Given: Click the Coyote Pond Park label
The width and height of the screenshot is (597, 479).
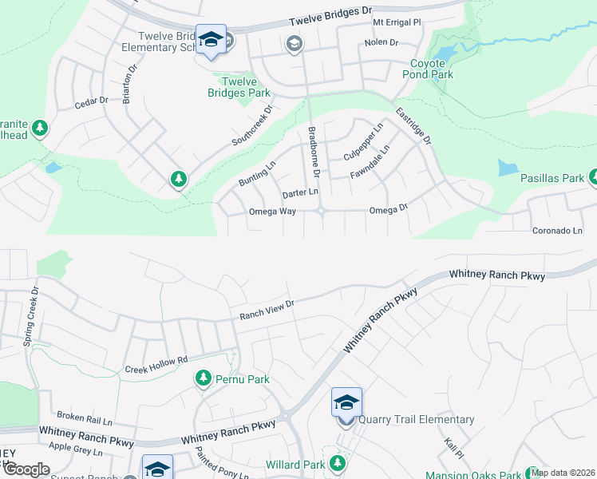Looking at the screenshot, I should click(x=431, y=69).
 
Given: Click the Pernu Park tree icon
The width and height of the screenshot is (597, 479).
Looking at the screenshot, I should click(x=203, y=378).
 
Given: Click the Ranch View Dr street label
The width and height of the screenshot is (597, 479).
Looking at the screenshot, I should click(x=267, y=311).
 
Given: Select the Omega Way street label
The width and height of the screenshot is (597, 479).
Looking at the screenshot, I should click(x=272, y=212).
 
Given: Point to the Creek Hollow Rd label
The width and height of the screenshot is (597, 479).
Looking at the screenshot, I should click(x=156, y=365).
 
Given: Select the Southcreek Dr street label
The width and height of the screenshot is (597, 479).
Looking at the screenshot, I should click(x=252, y=125).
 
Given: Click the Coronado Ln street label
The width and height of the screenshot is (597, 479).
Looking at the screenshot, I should click(x=557, y=231).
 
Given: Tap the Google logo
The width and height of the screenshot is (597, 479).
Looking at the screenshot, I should click(x=27, y=470).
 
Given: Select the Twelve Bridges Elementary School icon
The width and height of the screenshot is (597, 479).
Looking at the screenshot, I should click(x=212, y=40).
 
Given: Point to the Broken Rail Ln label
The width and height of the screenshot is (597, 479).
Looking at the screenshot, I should click(x=85, y=418).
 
